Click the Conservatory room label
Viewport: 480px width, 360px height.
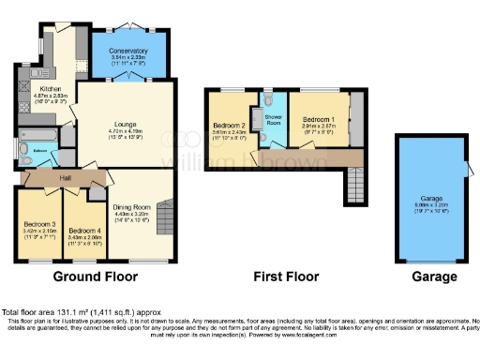tap(127, 51)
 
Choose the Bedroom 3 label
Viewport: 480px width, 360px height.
tap(39, 224)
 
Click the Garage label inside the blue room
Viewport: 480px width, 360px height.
tap(431, 200)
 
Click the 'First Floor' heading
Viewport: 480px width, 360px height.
tap(286, 277)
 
